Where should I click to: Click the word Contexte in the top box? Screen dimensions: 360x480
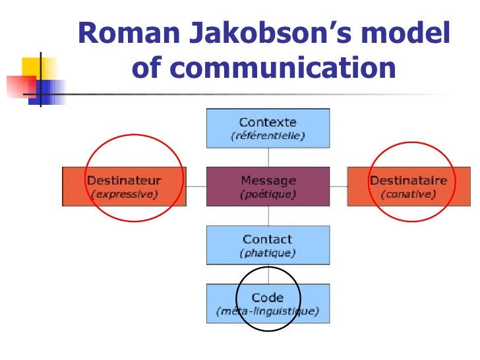pyautogui.click(x=268, y=123)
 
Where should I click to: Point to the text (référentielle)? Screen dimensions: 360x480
pyautogui.click(x=268, y=136)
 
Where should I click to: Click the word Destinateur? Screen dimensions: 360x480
pyautogui.click(x=124, y=180)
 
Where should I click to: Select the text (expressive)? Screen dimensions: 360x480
pyautogui.click(x=124, y=195)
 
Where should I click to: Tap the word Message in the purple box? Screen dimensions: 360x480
pyautogui.click(x=268, y=180)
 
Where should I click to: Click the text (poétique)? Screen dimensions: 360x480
pyautogui.click(x=268, y=195)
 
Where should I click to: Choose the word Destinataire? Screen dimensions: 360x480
pyautogui.click(x=408, y=180)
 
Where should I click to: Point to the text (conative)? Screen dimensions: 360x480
pyautogui.click(x=408, y=195)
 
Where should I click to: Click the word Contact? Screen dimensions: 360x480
pyautogui.click(x=268, y=239)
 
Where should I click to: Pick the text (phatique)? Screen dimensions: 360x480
pyautogui.click(x=268, y=253)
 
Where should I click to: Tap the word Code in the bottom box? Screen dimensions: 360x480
pyautogui.click(x=268, y=297)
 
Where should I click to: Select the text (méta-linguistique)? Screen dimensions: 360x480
pyautogui.click(x=268, y=311)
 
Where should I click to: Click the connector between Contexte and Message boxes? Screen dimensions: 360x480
pyautogui.click(x=268, y=157)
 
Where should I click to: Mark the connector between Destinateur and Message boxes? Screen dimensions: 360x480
pyautogui.click(x=196, y=187)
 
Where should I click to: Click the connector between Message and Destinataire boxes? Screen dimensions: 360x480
pyautogui.click(x=338, y=187)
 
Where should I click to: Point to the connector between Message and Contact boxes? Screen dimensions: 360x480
pyautogui.click(x=268, y=216)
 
